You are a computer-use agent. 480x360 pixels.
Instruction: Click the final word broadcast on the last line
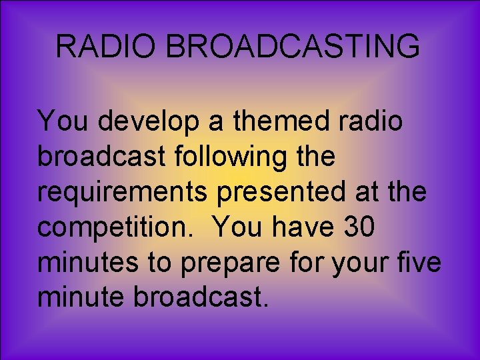pos(201,297)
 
